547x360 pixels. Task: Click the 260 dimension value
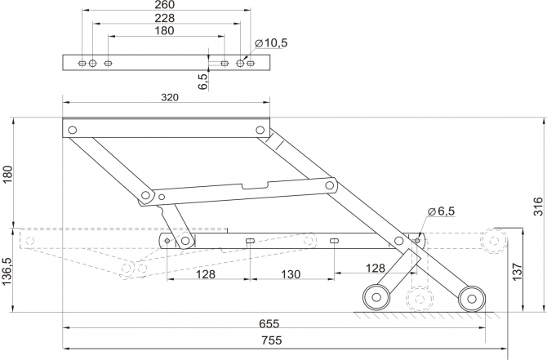(x=164, y=5)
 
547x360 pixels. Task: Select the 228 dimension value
(x=164, y=18)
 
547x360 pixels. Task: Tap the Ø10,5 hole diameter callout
(x=271, y=43)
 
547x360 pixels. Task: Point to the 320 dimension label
(x=170, y=96)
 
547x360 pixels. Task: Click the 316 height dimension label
(x=538, y=207)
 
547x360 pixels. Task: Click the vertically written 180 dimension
(x=7, y=175)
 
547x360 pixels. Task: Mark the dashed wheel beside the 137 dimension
(x=495, y=241)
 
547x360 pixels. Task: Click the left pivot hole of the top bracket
(x=72, y=129)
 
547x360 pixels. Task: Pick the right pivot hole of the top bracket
(x=260, y=129)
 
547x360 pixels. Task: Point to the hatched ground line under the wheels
(x=425, y=314)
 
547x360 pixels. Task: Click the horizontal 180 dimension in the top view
(x=164, y=31)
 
